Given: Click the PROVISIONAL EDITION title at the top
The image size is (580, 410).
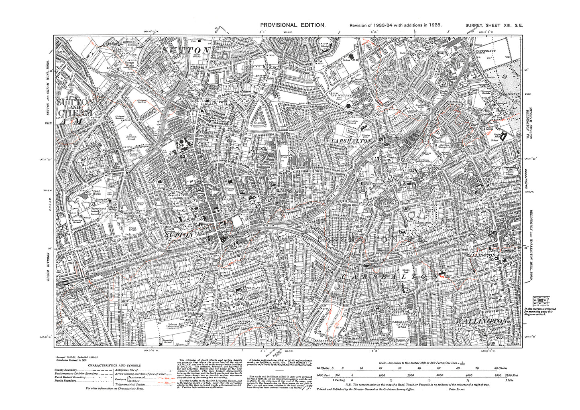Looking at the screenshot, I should click(x=292, y=25).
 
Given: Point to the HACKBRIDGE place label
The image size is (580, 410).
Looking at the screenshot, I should click(x=485, y=51).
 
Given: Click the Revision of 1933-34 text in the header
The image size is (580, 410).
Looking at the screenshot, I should click(x=396, y=25).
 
